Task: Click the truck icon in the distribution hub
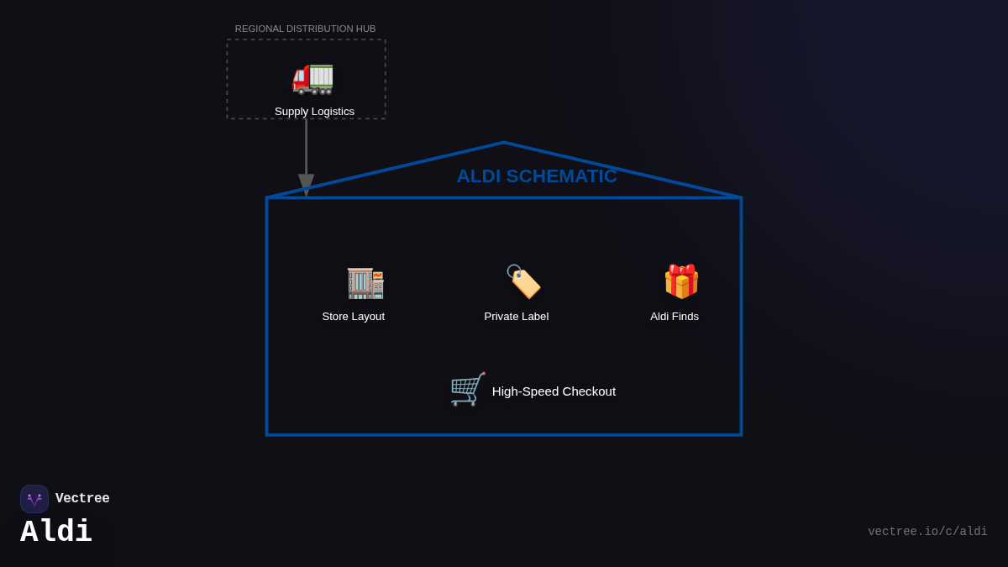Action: tap(312, 77)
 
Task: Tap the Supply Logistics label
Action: tap(314, 112)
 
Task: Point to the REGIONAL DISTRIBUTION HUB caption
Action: tap(305, 29)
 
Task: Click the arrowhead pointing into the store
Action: tap(306, 184)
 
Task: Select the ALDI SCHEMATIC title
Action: tap(536, 176)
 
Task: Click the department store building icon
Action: tap(365, 282)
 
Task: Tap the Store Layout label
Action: tap(353, 317)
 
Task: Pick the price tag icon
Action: tap(523, 281)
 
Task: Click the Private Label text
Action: tap(516, 317)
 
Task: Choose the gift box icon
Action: tap(680, 281)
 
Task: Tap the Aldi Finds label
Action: tap(674, 317)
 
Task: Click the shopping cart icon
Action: tap(467, 390)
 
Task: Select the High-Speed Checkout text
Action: tap(554, 391)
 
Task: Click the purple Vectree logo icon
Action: tap(34, 499)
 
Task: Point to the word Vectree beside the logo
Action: tap(82, 499)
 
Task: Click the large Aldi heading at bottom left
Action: tap(56, 532)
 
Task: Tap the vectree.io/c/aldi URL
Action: tap(927, 532)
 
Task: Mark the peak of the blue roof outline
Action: tap(504, 143)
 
